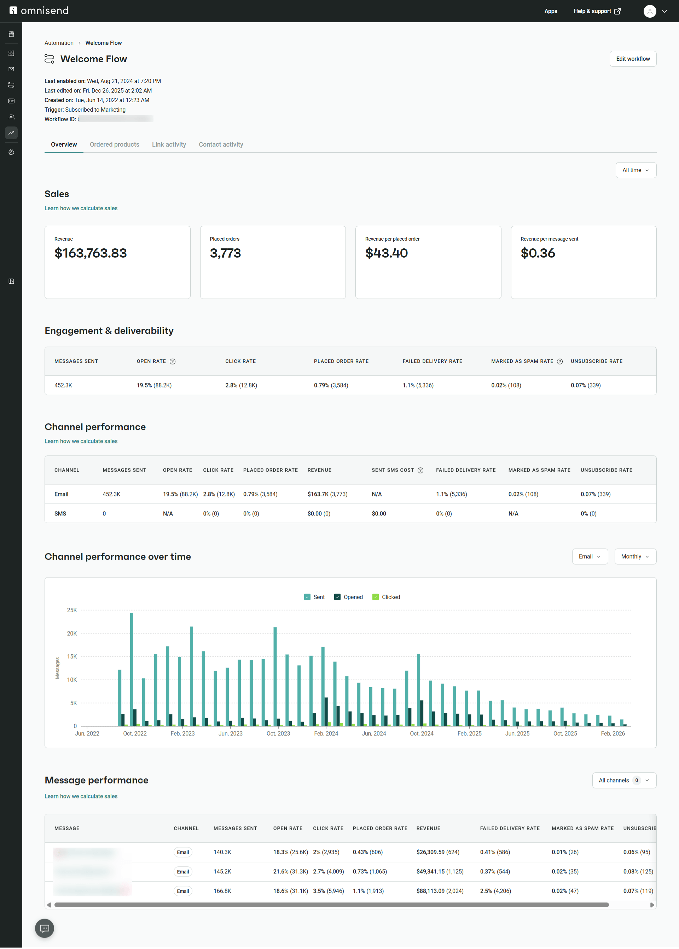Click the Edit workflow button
click(x=633, y=59)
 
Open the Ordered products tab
click(x=114, y=145)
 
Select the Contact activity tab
click(x=221, y=145)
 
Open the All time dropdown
click(x=636, y=170)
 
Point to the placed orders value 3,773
click(x=225, y=253)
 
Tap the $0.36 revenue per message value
click(x=538, y=253)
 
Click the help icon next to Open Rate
click(x=173, y=361)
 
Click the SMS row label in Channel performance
click(x=60, y=513)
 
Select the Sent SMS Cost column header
click(x=393, y=470)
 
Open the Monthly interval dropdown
click(x=635, y=556)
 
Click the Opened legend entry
click(x=353, y=597)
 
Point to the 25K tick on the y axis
click(x=72, y=610)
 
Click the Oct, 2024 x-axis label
click(x=422, y=733)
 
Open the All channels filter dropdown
click(x=624, y=780)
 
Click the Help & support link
click(x=597, y=11)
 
